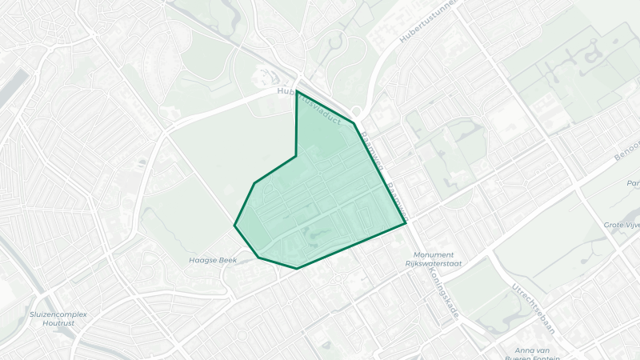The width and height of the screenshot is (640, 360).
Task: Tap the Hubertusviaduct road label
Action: point(316,106)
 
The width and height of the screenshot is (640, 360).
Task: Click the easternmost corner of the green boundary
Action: point(406,223)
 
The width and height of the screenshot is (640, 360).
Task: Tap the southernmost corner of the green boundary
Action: point(297,268)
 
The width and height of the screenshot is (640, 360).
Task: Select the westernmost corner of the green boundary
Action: point(234,226)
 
